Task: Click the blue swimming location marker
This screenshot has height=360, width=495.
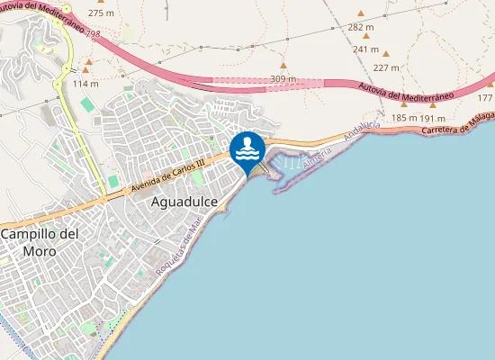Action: click(247, 150)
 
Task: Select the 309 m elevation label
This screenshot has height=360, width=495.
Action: click(283, 80)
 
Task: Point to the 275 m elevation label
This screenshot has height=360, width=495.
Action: click(101, 14)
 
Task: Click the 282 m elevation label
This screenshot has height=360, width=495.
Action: click(360, 28)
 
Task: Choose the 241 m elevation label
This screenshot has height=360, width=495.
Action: click(365, 49)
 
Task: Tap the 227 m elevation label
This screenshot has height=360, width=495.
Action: click(385, 67)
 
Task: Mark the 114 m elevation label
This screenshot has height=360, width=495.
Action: click(85, 84)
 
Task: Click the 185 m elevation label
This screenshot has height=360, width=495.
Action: click(404, 118)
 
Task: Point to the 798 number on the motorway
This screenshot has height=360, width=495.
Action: click(92, 33)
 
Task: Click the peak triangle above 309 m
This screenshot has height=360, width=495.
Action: click(283, 66)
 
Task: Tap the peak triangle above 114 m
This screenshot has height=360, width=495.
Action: click(86, 69)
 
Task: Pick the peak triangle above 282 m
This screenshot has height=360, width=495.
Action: click(361, 13)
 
